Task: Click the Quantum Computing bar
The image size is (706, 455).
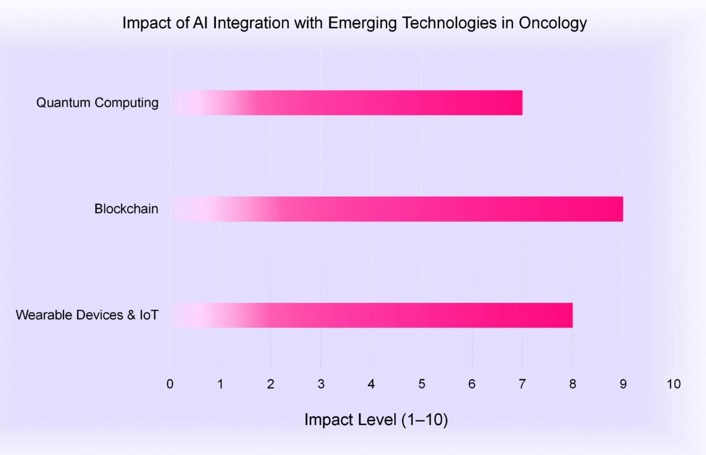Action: [347, 103]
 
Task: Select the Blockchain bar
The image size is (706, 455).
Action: [397, 209]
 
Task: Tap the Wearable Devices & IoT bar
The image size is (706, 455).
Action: [371, 315]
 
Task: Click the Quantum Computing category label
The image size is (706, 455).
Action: [98, 103]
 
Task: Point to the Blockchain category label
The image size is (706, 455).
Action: [126, 209]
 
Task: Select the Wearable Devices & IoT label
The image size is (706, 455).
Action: [87, 315]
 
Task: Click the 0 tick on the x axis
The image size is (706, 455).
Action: [170, 384]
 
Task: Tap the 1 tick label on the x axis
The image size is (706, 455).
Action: [220, 384]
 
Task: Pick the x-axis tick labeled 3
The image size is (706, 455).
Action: [321, 384]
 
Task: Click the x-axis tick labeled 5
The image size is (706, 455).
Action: [421, 384]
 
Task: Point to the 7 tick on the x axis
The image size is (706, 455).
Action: [522, 384]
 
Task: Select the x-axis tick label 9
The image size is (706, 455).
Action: [622, 384]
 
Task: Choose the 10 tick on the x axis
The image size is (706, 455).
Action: [673, 384]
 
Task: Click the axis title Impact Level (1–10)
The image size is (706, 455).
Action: [377, 420]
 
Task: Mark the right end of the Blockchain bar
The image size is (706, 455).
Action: [621, 209]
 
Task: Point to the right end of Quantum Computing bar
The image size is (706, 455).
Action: [520, 103]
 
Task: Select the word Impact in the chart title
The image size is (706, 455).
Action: [141, 24]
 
